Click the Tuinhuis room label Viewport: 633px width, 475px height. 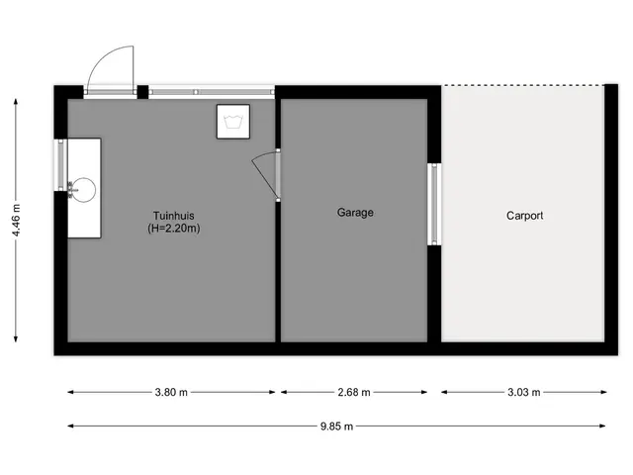click(x=174, y=216)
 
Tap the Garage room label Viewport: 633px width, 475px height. click(x=355, y=213)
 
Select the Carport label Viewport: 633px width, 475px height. click(x=524, y=216)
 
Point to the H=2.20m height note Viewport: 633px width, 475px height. click(x=174, y=229)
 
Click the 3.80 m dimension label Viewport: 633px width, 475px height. click(x=171, y=392)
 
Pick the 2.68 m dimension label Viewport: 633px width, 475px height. click(x=354, y=392)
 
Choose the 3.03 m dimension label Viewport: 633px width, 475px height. click(x=524, y=392)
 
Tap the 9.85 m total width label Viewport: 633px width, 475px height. click(x=336, y=427)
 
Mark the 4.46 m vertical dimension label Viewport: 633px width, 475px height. click(x=16, y=221)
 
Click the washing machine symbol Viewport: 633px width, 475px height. click(x=233, y=122)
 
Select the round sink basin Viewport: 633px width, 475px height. click(x=84, y=190)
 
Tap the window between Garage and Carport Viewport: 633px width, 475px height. click(x=434, y=204)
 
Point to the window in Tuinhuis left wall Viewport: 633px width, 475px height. click(x=60, y=165)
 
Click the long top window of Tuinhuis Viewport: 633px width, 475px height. click(x=212, y=92)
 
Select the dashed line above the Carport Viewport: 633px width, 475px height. click(x=523, y=85)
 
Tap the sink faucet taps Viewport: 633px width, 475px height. click(x=71, y=190)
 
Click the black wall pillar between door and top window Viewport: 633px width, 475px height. click(x=142, y=92)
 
